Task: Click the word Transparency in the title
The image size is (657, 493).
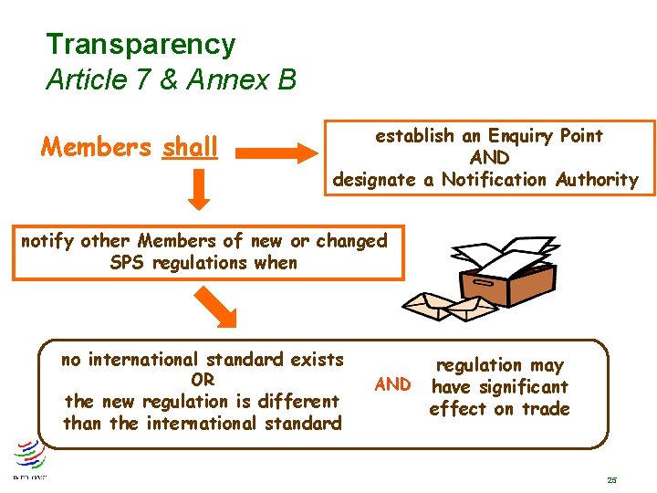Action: click(x=141, y=44)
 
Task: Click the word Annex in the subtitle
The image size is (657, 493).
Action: click(x=223, y=80)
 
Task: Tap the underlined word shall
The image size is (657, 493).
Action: click(x=191, y=147)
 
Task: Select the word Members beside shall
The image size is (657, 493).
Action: click(x=98, y=147)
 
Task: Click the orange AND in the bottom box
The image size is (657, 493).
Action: click(x=393, y=384)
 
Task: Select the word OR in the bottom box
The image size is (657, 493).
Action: click(x=203, y=380)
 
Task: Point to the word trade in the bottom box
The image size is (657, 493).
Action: click(x=544, y=409)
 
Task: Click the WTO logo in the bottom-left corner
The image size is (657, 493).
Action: click(x=29, y=456)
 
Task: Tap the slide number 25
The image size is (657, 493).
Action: click(x=611, y=479)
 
